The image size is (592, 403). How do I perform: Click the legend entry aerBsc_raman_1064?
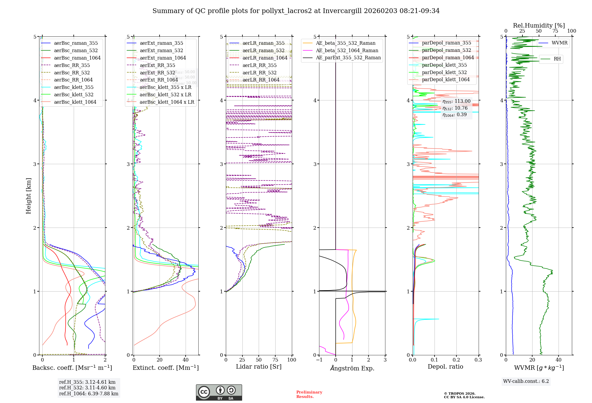[x=77, y=58]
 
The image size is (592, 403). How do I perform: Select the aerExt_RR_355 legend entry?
[x=157, y=65]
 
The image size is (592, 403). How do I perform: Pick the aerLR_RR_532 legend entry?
[x=259, y=73]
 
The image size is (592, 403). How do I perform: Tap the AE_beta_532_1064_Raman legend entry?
[x=347, y=51]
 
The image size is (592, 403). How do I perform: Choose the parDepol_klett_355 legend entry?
[x=444, y=65]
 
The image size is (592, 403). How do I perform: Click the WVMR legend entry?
[x=559, y=43]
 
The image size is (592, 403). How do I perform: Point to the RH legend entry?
[x=557, y=59]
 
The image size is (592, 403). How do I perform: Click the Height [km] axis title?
[x=28, y=196]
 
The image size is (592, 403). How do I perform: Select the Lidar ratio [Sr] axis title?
[x=258, y=367]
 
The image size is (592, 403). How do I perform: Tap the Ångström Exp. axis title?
[x=352, y=368]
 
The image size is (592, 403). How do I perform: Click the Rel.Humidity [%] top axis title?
[x=539, y=25]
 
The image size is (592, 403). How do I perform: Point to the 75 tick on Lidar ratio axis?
[x=275, y=360]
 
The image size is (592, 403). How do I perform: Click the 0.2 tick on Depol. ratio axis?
[x=456, y=360]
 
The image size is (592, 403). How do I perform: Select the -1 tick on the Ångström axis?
[x=319, y=360]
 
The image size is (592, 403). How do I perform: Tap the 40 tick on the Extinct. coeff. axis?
[x=186, y=360]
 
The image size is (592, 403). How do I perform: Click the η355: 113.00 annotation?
[x=456, y=101]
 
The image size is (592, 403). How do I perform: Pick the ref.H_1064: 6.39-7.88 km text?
[x=89, y=394]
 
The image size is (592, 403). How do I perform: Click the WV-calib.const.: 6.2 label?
[x=526, y=381]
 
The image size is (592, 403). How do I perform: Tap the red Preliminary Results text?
[x=309, y=394]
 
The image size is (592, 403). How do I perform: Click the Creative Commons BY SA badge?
[x=219, y=393]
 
